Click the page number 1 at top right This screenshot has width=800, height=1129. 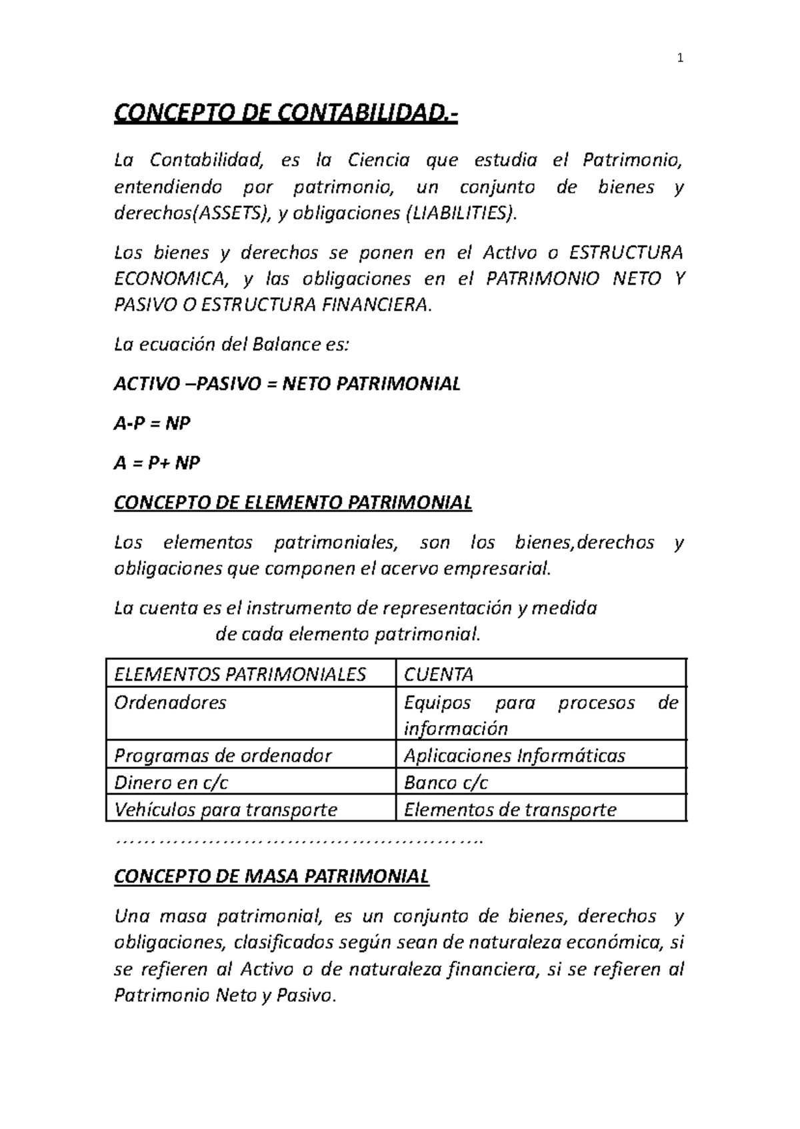tap(679, 58)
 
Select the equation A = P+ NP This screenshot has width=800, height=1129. tap(157, 463)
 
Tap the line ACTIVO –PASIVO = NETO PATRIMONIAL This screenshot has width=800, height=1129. tap(287, 384)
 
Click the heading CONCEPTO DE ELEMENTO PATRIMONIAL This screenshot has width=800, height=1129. tap(293, 502)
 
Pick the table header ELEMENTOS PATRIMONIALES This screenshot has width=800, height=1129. tap(240, 674)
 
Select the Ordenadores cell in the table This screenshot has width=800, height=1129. tap(171, 702)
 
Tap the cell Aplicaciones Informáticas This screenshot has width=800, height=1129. tap(515, 755)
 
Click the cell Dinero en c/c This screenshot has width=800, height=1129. tap(171, 782)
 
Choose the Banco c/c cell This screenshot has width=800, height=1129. tap(446, 782)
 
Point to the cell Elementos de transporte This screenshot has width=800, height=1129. tap(510, 810)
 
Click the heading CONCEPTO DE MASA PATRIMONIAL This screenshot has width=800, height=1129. tap(271, 876)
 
